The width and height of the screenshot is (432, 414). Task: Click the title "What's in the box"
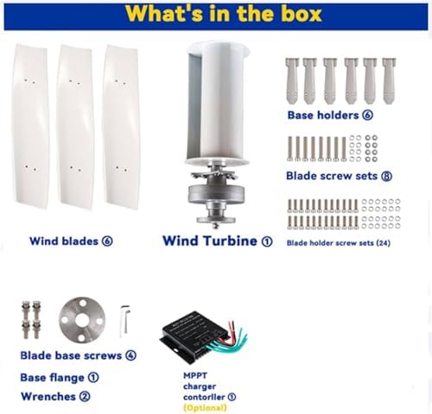pyautogui.click(x=215, y=14)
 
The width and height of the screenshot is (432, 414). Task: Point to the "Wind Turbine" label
pyautogui.click(x=210, y=241)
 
